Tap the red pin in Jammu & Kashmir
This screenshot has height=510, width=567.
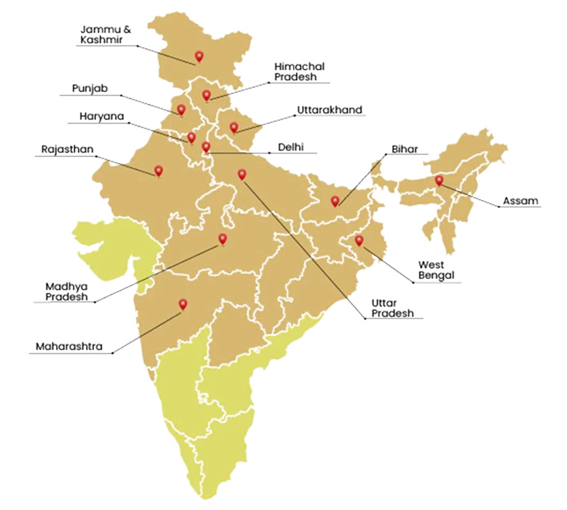[x=198, y=56]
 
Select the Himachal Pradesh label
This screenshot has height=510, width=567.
[x=299, y=72]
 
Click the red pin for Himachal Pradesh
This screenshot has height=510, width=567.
[x=206, y=95]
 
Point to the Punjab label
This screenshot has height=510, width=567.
[x=90, y=88]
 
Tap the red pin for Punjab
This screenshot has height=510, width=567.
[x=181, y=109]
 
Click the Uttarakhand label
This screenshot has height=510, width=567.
[x=329, y=110]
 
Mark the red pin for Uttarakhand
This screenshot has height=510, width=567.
[x=234, y=127]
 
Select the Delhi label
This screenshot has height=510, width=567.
[x=290, y=147]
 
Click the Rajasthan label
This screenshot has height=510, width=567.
[x=67, y=150]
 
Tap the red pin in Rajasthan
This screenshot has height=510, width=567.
[x=158, y=171]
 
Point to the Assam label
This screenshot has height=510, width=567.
[x=521, y=201]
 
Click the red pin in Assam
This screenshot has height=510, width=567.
[x=439, y=180]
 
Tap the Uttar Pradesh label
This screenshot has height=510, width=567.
[x=391, y=308]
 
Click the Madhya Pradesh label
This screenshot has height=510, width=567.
[x=66, y=291]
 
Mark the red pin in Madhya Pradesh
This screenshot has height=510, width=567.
[x=222, y=239]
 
